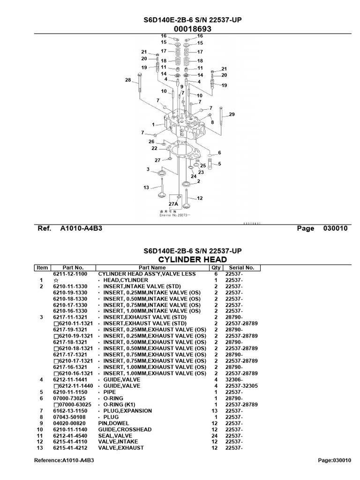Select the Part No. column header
(72, 268)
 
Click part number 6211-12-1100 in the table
(71, 274)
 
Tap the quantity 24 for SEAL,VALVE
(215, 436)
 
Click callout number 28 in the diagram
(128, 80)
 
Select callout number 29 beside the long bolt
(232, 115)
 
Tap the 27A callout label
(173, 204)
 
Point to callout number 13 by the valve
(146, 187)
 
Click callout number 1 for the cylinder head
(153, 125)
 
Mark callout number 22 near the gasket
(154, 148)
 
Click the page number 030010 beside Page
(335, 229)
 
